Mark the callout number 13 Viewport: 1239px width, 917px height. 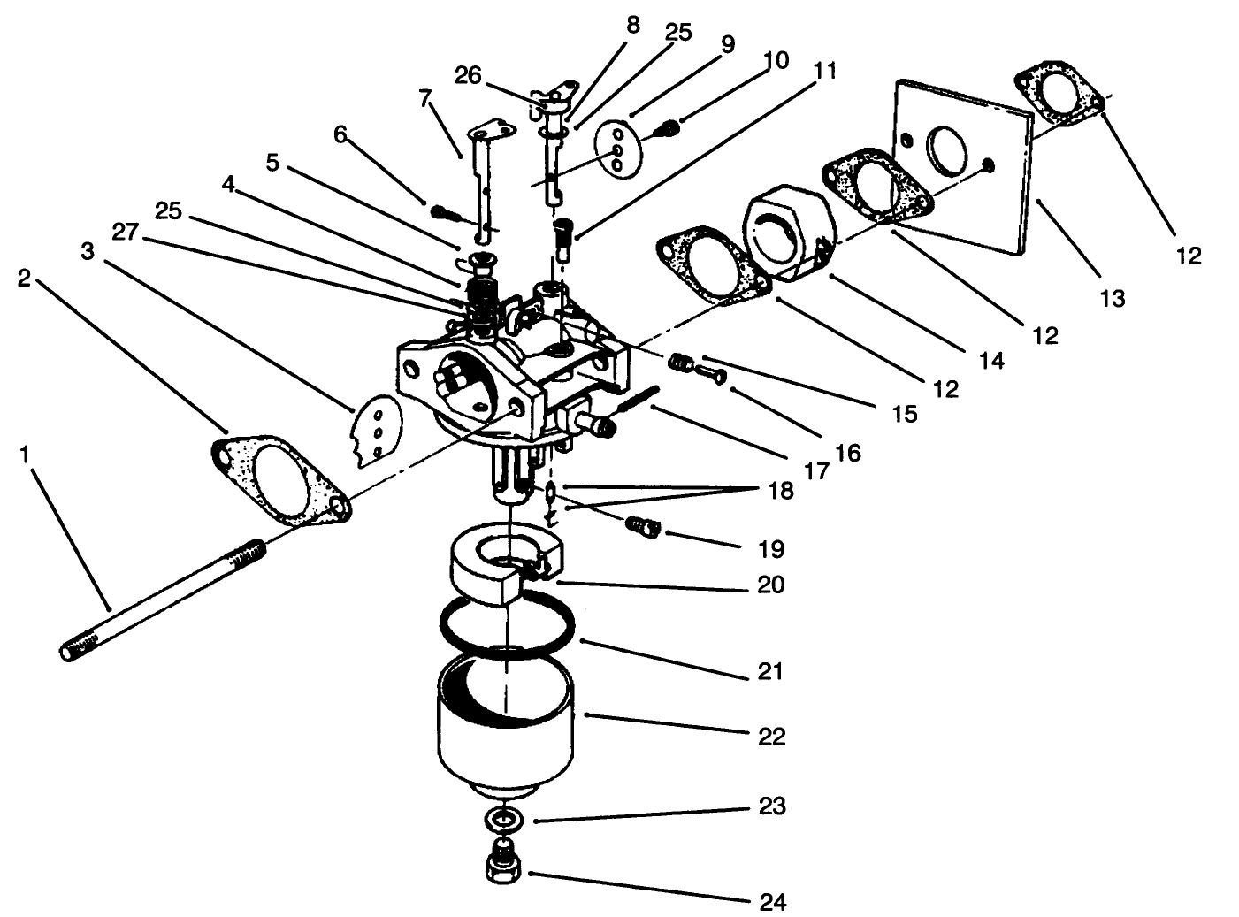(1113, 298)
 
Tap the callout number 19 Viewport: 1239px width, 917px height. (771, 549)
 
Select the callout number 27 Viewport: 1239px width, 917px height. (126, 231)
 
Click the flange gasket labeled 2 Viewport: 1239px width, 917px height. (279, 478)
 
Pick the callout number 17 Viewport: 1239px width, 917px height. (815, 470)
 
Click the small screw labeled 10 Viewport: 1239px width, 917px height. (669, 130)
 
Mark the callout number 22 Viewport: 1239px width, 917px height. (771, 736)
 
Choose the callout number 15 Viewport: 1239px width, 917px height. (904, 413)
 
